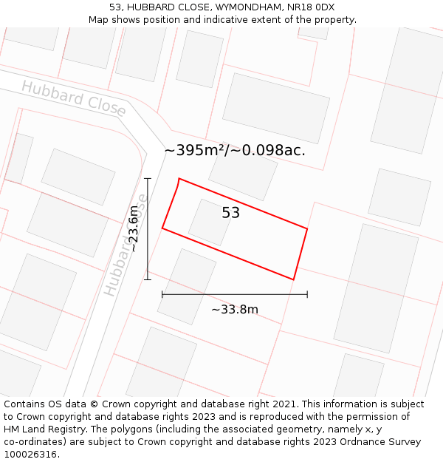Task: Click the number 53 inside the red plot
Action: click(231, 213)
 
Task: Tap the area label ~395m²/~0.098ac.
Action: click(235, 150)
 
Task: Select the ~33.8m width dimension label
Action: click(235, 309)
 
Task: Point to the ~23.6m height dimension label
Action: click(134, 229)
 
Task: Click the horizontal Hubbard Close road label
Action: click(74, 97)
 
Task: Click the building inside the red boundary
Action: click(210, 222)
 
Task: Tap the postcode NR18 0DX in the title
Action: click(309, 7)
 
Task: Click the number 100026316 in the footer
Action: click(30, 454)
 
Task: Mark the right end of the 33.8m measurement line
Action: click(307, 294)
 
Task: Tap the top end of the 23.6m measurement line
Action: click(148, 178)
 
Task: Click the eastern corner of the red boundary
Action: click(307, 229)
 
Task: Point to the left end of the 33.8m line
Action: click(162, 294)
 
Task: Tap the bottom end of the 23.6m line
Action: click(148, 279)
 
